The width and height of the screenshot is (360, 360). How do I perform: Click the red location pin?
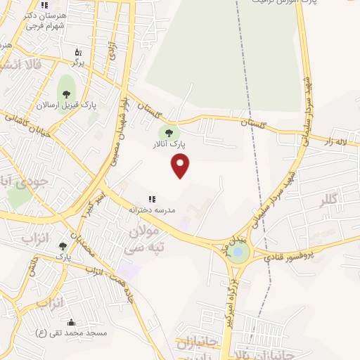181,165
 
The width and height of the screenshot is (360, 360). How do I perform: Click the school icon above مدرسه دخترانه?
152,200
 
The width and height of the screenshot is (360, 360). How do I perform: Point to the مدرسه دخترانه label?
152,210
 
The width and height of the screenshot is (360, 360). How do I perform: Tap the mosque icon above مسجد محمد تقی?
71,322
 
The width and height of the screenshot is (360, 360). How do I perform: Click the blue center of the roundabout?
238,251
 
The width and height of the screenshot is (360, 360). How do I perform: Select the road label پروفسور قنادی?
290,254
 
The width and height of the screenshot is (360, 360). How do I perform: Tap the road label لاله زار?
338,141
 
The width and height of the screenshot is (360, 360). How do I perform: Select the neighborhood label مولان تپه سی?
144,239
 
